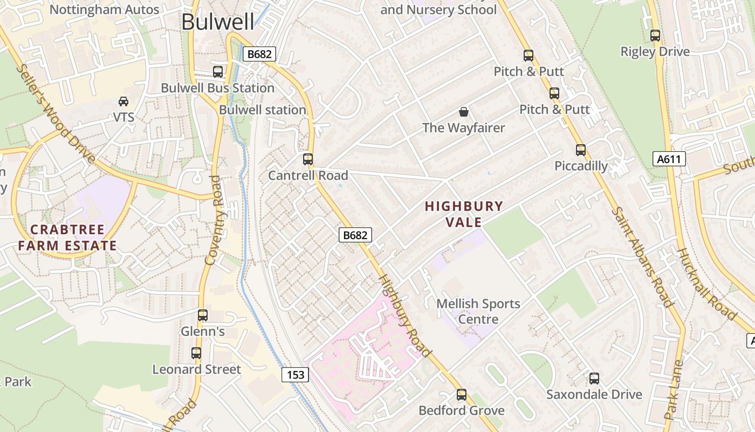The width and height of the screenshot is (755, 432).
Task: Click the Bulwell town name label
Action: [x=217, y=22]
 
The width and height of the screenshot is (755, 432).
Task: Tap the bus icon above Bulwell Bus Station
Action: [x=218, y=72]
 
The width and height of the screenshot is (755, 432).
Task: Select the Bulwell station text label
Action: [x=262, y=110]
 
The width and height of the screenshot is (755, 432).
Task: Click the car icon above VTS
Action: [x=123, y=102]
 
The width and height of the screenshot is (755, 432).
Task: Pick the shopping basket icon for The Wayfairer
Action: [x=463, y=112]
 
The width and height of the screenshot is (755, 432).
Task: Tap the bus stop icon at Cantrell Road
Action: [x=308, y=159]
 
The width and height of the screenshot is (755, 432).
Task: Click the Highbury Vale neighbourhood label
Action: [x=464, y=214]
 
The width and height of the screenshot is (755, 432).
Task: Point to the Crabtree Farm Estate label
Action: [x=67, y=238]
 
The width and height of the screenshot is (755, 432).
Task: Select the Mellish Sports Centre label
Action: [x=478, y=311]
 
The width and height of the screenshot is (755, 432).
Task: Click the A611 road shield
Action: [x=669, y=159]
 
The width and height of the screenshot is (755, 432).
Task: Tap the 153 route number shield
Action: [x=296, y=375]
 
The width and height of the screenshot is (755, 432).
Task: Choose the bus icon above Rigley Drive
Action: [x=655, y=36]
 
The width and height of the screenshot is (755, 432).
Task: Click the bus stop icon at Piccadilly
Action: [x=581, y=150]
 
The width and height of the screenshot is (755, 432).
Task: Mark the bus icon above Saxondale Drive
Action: [x=594, y=379]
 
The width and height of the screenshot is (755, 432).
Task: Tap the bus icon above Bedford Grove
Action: [x=462, y=395]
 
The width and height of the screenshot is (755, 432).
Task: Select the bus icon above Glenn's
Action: [x=203, y=315]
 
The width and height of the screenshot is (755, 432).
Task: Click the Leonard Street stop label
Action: [x=196, y=369]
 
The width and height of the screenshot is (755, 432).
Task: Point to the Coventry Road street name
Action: [x=214, y=220]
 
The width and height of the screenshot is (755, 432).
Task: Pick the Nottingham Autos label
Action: [x=105, y=9]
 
